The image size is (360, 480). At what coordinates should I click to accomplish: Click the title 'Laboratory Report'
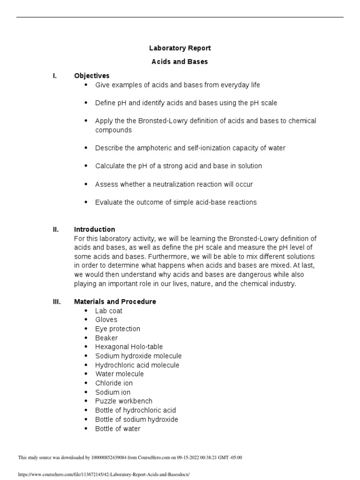(180, 48)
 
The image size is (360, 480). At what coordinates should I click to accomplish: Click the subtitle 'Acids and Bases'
(180, 61)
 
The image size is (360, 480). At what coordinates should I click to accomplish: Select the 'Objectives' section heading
(92, 75)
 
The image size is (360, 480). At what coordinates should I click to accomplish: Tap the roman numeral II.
(56, 229)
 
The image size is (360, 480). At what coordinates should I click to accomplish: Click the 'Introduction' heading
(94, 229)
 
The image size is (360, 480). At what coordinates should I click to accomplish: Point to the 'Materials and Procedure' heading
(115, 301)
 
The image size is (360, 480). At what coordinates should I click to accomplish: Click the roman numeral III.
(56, 301)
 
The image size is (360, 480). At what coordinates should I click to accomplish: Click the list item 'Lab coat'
(109, 311)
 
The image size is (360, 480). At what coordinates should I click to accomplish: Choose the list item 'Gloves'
(106, 320)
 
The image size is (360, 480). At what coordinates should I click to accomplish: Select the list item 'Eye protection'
(118, 329)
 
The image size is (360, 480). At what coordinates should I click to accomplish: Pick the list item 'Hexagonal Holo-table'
(129, 347)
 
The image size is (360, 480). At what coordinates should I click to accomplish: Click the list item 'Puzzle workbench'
(124, 401)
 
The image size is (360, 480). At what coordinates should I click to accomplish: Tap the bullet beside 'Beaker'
(86, 338)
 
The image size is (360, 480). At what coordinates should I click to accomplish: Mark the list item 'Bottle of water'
(118, 428)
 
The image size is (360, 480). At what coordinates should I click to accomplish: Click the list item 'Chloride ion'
(114, 383)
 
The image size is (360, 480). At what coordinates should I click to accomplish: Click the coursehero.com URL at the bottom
(104, 474)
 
